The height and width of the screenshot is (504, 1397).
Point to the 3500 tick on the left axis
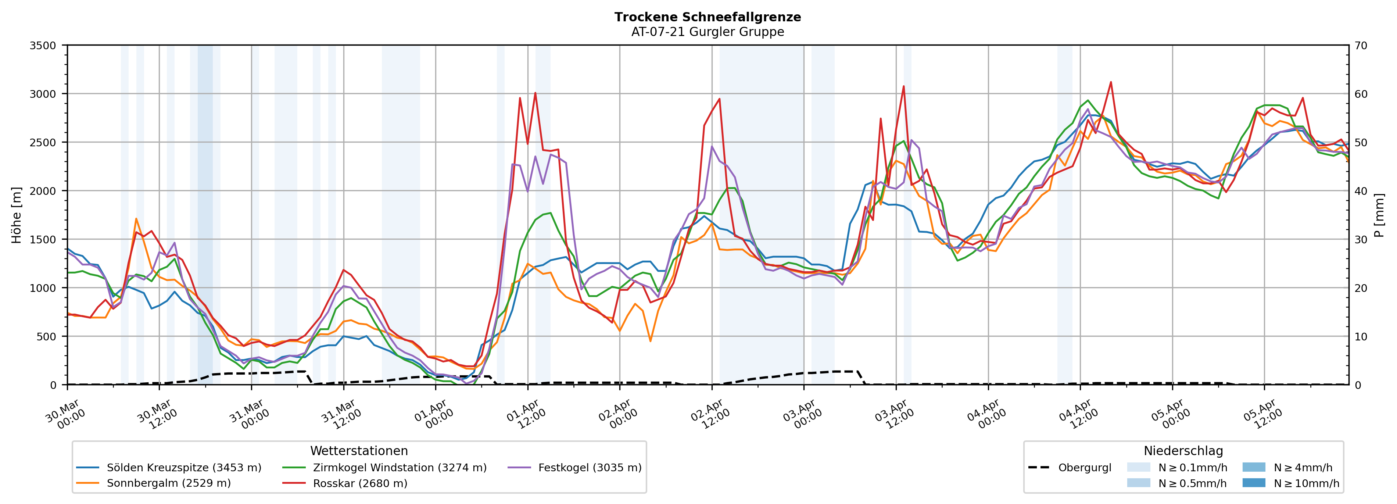(x=43, y=46)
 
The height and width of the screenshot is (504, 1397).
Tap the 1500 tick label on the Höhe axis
(x=43, y=239)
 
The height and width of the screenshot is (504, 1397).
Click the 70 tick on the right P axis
(x=1361, y=46)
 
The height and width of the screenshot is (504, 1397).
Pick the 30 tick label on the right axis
(x=1361, y=239)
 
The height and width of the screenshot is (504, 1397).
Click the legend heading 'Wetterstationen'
(x=359, y=451)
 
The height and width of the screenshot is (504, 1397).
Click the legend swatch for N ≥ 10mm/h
(x=1253, y=483)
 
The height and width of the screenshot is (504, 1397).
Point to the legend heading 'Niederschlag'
(x=1183, y=451)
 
